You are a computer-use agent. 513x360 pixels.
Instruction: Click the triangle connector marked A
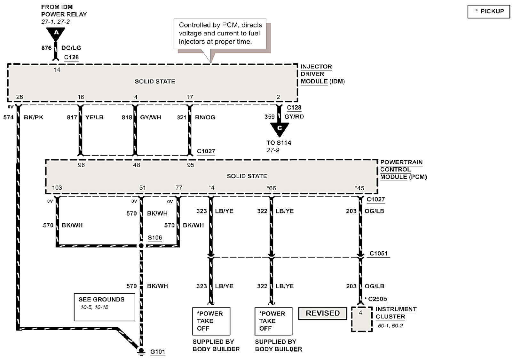56,33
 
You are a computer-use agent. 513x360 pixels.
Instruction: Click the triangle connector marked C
279,129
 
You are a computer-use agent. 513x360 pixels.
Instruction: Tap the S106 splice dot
141,246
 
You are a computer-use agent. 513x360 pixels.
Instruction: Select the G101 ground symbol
141,351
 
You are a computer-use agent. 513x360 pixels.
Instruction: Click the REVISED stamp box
322,313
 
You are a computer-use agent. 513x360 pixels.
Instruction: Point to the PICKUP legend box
488,12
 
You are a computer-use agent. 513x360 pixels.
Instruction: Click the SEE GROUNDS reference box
104,307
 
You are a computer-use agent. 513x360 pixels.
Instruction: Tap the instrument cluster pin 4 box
361,319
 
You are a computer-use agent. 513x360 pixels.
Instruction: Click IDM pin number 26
20,97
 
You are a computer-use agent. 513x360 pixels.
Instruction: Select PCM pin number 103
57,188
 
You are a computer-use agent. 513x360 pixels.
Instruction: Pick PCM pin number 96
81,165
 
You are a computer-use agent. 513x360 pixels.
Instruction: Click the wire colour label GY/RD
294,117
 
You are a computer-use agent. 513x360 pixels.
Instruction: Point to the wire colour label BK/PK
33,117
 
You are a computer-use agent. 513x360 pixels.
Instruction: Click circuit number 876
46,48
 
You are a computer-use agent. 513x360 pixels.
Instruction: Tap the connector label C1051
378,253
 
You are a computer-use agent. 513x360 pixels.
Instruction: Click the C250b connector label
377,299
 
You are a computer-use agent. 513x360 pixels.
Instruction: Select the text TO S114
279,143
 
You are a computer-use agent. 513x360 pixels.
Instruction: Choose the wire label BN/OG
205,117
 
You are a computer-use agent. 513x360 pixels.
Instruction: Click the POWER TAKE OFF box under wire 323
211,321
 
